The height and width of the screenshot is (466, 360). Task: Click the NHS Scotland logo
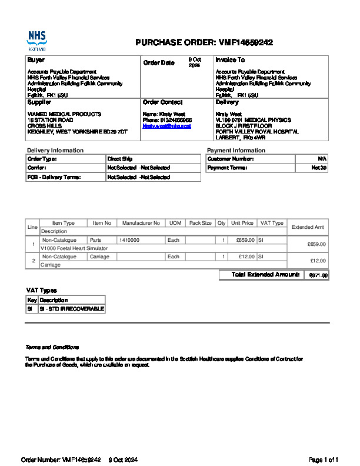[x=36, y=41]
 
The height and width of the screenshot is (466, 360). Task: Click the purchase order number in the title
[x=245, y=42]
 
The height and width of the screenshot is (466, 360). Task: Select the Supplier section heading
[x=39, y=102]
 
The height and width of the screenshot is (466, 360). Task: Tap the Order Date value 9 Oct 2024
[x=195, y=62]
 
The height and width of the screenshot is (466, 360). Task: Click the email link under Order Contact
[x=166, y=126]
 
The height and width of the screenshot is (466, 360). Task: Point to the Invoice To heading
[x=230, y=60]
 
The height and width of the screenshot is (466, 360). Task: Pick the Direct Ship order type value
[x=119, y=159]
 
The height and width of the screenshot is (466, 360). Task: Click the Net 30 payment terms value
[x=319, y=168]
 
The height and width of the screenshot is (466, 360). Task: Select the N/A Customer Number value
[x=322, y=159]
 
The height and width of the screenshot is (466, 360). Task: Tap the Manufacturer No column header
[x=141, y=224]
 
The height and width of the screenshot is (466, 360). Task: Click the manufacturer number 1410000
[x=129, y=240]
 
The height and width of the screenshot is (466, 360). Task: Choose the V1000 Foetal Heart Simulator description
[x=69, y=248]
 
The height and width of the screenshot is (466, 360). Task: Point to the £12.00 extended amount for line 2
[x=318, y=261]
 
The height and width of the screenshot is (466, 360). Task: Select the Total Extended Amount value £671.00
[x=318, y=275]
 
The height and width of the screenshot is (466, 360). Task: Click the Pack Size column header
[x=200, y=224]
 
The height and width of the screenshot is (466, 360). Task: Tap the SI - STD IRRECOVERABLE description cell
[x=71, y=309]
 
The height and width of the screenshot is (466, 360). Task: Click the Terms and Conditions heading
[x=52, y=347]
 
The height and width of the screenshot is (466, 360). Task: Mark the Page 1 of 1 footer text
[x=324, y=460]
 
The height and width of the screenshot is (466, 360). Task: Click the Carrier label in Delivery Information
[x=36, y=168]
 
